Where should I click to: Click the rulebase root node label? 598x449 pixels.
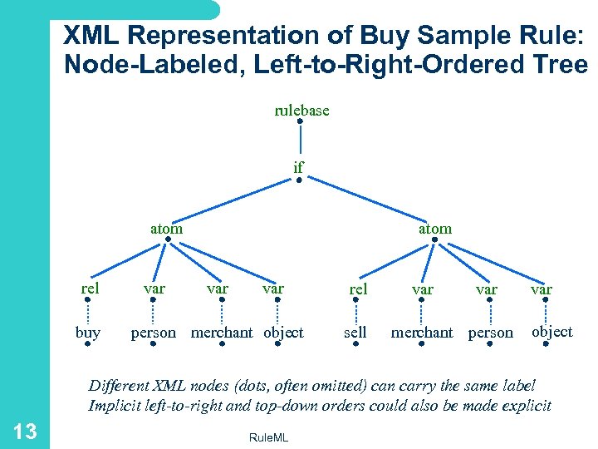point(301,110)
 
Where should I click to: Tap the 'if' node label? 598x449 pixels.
point(298,167)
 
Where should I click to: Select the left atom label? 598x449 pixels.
point(166,227)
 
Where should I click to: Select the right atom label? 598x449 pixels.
point(435,227)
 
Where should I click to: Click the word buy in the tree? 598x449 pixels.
point(87,333)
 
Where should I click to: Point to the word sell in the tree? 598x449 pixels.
point(355,333)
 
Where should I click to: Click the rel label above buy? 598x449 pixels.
point(91,289)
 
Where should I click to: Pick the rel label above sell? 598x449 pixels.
point(358,289)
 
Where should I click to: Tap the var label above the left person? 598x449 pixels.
point(154,289)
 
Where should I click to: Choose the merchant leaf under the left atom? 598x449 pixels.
point(222,333)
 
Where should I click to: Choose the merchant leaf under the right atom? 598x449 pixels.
point(422,333)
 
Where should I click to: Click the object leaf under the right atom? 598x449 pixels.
point(552,331)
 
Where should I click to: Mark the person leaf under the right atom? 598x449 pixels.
point(491,333)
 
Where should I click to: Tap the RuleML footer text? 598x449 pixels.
point(268,437)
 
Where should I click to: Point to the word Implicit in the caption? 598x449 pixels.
point(115,406)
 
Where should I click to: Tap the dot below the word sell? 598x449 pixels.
point(355,344)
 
